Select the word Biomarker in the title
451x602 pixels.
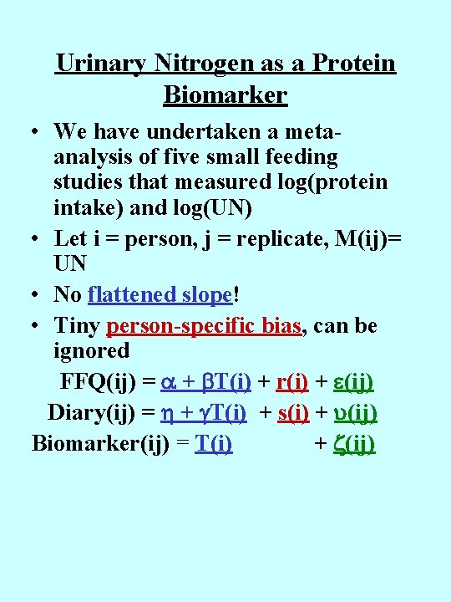click(225, 95)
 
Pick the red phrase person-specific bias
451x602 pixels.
click(204, 326)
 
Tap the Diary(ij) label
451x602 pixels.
click(97, 413)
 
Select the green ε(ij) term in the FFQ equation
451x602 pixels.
click(344, 382)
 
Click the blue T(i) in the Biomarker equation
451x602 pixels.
click(213, 443)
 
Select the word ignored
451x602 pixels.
click(91, 350)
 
